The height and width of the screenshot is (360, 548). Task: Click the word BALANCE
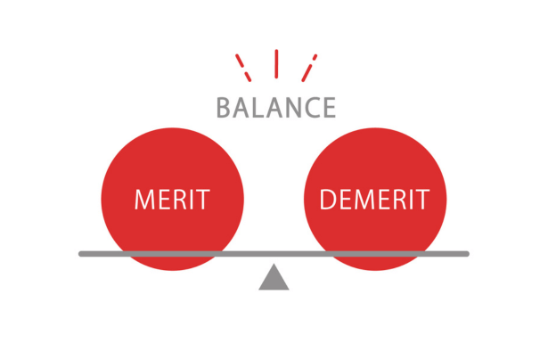276,108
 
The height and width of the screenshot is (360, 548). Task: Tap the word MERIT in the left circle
172,198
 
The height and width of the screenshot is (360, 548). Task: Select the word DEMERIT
374,198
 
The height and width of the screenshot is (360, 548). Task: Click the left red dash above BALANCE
241,66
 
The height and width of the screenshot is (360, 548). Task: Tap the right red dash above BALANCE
310,66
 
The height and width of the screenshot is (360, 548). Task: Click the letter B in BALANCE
224,108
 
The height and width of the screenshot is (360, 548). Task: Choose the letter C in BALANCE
312,108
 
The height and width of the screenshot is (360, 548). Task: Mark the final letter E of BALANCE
329,108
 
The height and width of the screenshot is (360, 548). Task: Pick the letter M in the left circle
145,198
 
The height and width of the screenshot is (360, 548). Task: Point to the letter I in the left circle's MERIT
192,198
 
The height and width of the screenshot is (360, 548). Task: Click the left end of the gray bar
82,254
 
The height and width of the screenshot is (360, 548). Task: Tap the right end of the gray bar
466,254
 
